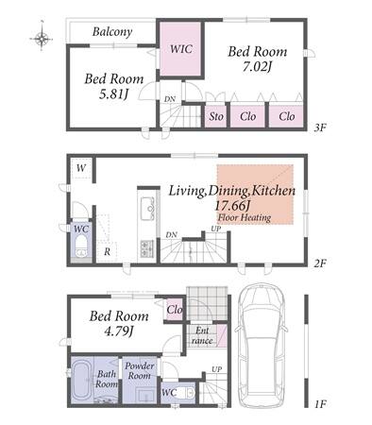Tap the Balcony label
coord(112,32)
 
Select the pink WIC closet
coord(180,49)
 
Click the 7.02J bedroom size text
coord(257,67)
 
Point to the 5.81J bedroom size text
coord(113,94)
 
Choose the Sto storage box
coord(216,116)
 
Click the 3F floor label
coord(320,127)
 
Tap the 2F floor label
coord(320,263)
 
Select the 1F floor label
coord(320,404)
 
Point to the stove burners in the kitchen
coord(147,248)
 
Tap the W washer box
coord(81,168)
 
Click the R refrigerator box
coord(107,252)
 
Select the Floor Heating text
coord(245,217)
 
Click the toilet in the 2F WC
coord(81,246)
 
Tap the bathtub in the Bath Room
coord(82,382)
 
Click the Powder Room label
coord(140,370)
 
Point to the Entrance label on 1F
coord(202,335)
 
